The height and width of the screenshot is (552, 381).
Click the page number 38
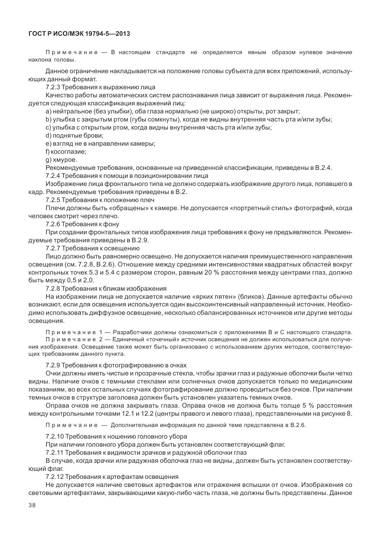coord(32,505)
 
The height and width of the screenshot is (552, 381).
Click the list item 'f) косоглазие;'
coord(66,151)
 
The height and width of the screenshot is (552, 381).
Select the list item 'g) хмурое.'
coord(61,160)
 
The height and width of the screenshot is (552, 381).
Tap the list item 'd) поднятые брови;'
coord(75,135)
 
